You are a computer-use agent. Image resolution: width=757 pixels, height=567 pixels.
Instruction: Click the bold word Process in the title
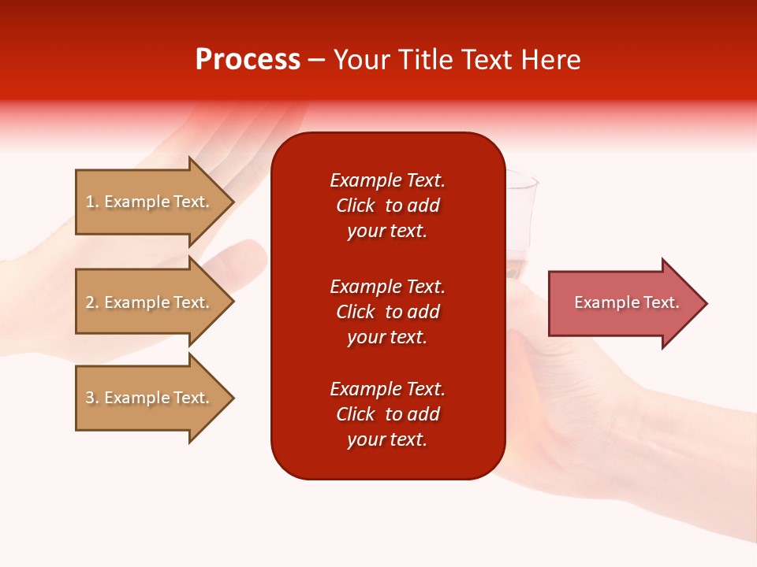pos(248,60)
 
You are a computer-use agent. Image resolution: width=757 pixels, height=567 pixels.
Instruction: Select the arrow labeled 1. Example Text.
pos(150,202)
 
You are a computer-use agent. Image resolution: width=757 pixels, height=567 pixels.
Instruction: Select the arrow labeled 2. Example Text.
pos(150,302)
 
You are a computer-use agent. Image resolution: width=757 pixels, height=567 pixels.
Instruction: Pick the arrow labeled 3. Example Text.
pos(150,398)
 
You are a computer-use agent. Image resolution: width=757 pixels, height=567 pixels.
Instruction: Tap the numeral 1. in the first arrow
pos(92,202)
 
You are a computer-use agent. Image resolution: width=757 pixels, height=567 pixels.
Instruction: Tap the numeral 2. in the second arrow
pos(92,302)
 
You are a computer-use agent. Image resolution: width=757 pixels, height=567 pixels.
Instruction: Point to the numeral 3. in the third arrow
pos(92,398)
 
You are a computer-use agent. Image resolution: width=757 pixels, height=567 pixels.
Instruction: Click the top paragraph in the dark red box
pos(387,206)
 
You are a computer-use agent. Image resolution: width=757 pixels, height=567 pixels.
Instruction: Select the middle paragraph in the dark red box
pos(387,312)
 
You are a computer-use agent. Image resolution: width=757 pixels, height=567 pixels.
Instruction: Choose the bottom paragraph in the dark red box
pos(387,414)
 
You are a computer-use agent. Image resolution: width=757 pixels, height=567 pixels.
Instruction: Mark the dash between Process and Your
pos(317,61)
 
